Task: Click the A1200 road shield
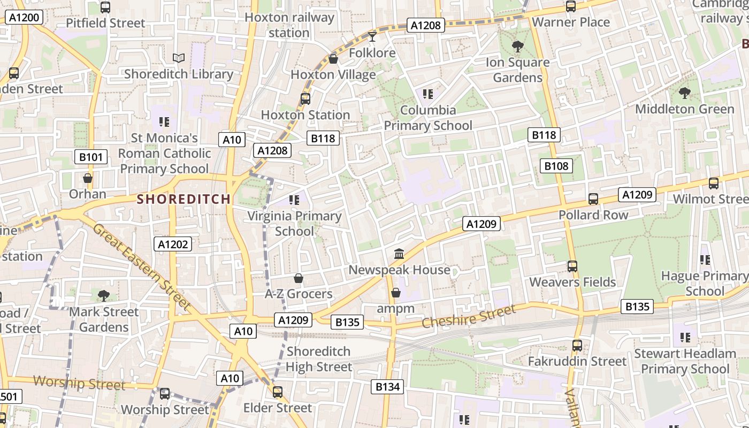point(25,17)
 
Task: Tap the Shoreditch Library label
point(179,74)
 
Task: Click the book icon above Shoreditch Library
point(179,58)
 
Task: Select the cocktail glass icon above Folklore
point(372,36)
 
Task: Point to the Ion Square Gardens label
point(517,70)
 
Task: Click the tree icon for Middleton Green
point(684,94)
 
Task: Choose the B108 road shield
point(556,166)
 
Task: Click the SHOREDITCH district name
point(184,199)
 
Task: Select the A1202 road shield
point(173,244)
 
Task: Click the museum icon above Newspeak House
point(399,254)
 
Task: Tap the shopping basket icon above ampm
point(396,293)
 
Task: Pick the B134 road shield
point(387,386)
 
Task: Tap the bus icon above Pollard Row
point(593,199)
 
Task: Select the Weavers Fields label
point(572,282)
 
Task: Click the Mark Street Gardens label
point(104,319)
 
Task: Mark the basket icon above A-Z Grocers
point(299,278)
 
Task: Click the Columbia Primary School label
point(428,118)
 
